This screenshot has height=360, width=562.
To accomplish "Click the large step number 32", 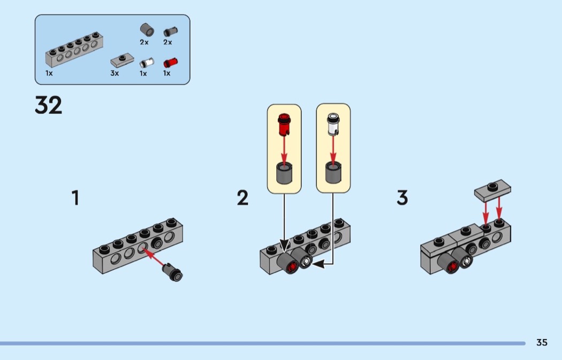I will [x=49, y=106].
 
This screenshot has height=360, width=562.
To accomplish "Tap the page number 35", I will [x=542, y=343].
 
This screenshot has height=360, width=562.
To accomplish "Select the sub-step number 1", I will [x=75, y=198].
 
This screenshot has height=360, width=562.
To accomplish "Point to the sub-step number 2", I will [x=242, y=198].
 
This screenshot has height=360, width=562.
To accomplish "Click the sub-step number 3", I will [x=402, y=198].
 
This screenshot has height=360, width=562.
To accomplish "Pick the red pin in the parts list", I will [x=170, y=62].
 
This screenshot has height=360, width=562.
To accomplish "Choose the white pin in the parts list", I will [x=146, y=63].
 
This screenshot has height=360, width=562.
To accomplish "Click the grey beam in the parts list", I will [x=74, y=49].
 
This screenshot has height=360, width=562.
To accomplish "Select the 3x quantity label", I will [x=115, y=73].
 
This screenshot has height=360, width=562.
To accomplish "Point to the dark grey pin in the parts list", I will [x=170, y=32].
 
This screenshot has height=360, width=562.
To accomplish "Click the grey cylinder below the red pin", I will [x=284, y=173].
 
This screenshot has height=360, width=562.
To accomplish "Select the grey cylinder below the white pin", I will [x=333, y=173].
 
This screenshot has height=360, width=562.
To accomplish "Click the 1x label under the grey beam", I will [x=49, y=73].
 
